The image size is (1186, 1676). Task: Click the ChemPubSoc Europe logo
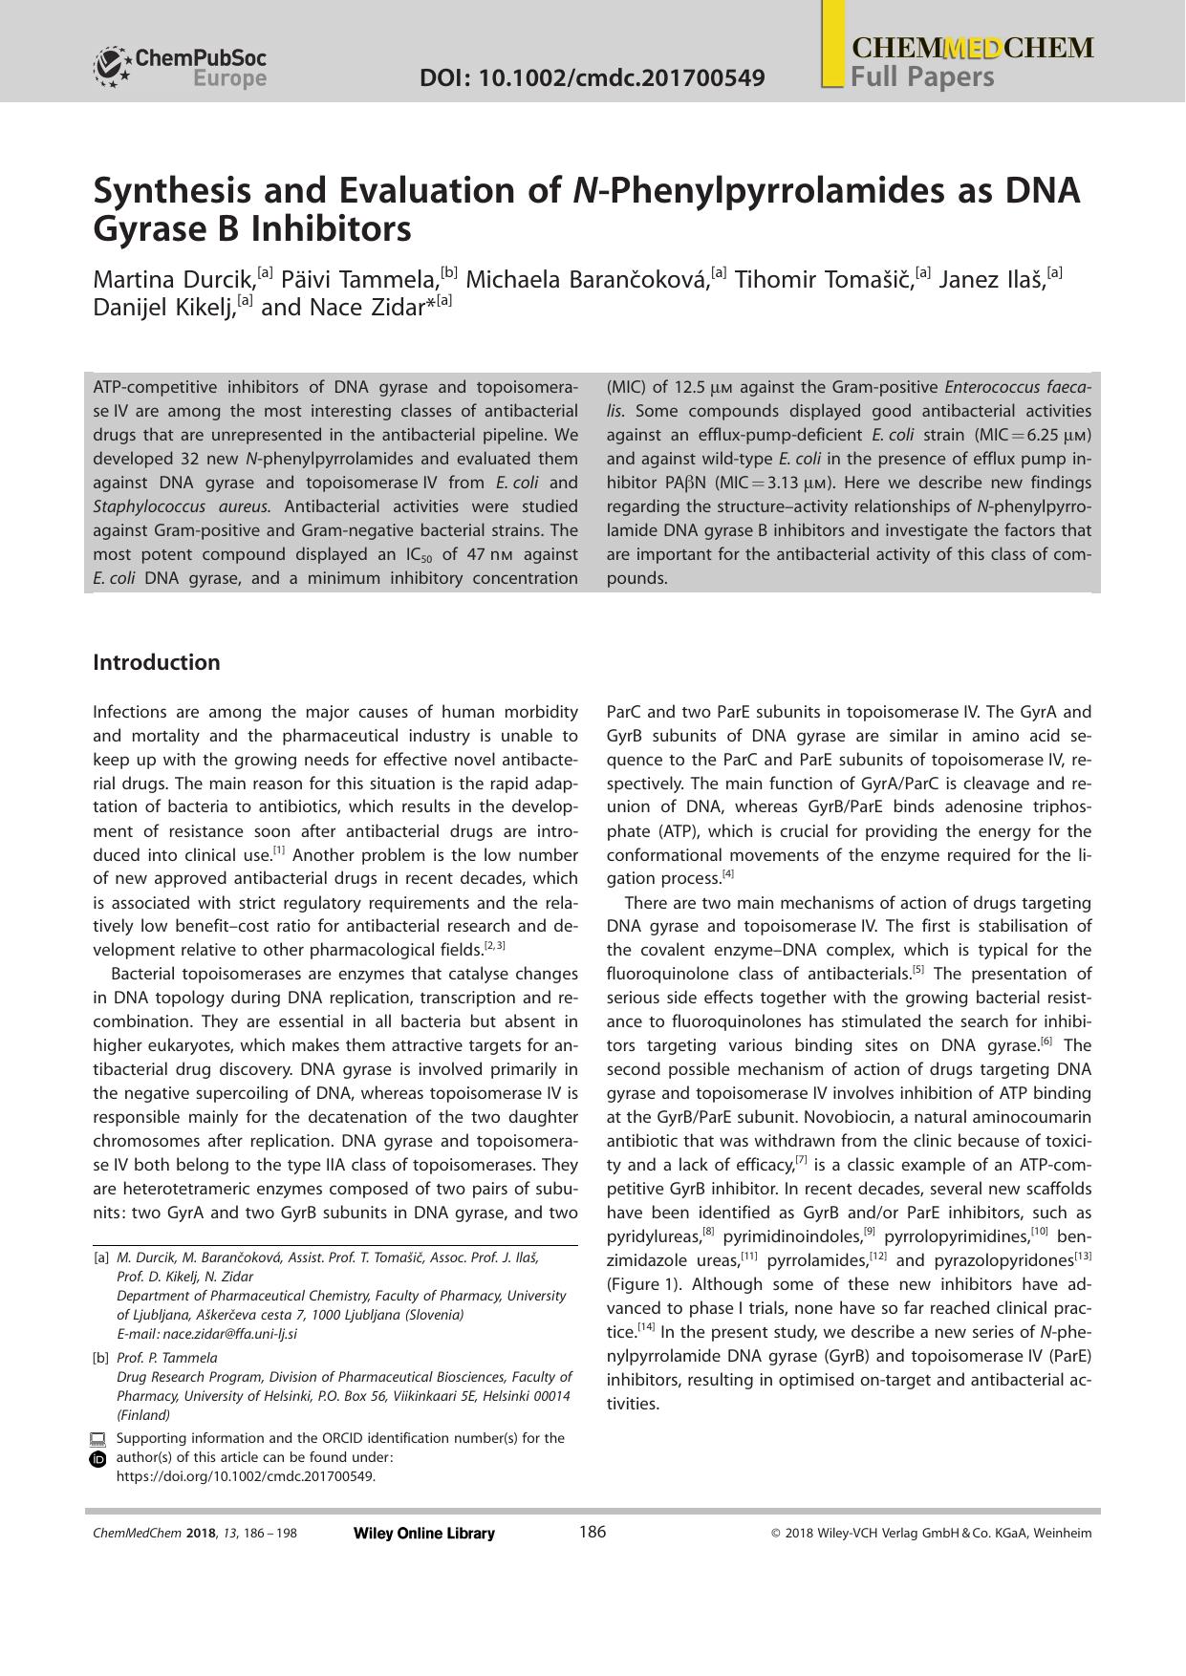180,68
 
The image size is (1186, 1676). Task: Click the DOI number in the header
592,77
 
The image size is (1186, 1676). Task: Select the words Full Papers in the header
922,76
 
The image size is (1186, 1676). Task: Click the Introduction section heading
156,662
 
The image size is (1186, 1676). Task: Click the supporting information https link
246,1475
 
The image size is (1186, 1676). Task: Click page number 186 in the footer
593,1533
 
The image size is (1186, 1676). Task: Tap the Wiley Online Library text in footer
424,1534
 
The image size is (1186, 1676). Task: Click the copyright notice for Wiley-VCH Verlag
931,1534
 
